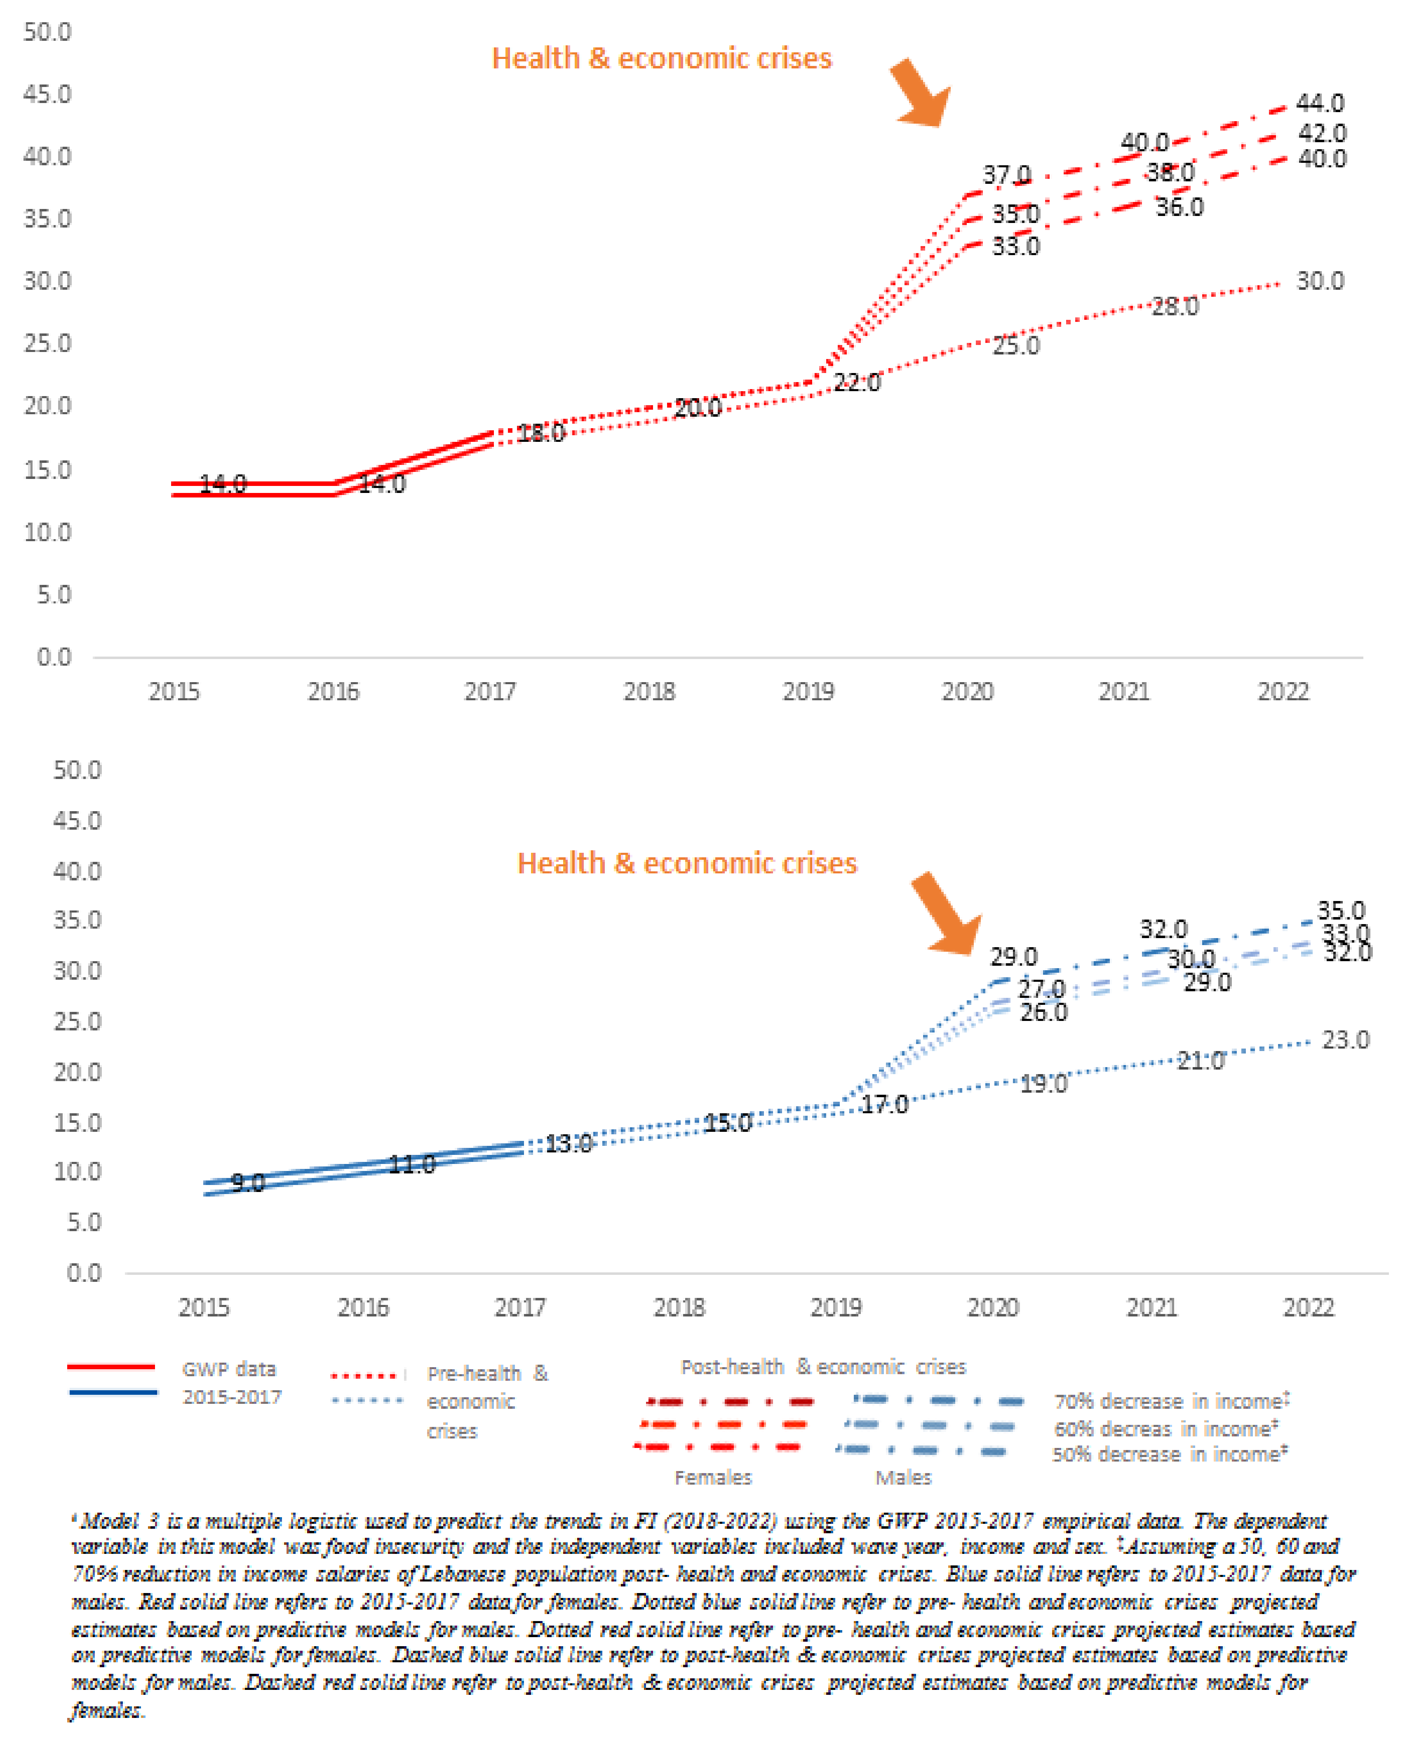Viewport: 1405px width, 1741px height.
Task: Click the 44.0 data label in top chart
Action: (1319, 103)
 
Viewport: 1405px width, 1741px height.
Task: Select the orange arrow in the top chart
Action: (921, 93)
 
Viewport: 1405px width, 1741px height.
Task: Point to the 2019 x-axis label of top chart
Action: (808, 692)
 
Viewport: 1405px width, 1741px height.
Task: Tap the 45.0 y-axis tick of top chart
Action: (47, 95)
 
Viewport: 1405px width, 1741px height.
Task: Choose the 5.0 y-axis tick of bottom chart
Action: (83, 1222)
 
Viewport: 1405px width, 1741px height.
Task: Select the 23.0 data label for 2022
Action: (1345, 1039)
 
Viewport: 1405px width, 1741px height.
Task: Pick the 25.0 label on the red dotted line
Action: (1016, 346)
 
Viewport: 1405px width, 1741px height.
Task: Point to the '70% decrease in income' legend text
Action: (1170, 1401)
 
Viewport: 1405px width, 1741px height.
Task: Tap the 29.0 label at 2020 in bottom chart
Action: (1013, 957)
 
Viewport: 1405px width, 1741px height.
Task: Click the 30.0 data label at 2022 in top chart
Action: (1319, 282)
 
